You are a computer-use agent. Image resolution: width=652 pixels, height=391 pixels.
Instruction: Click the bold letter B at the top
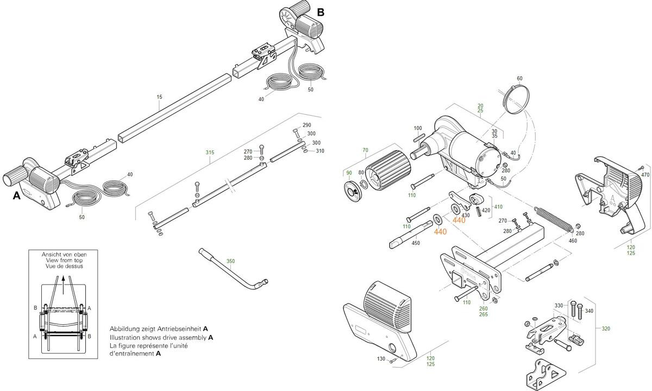pos(321,12)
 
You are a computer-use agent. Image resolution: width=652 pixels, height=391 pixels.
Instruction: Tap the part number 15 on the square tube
pos(159,97)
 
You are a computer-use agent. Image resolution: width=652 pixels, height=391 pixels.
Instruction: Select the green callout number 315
pos(210,153)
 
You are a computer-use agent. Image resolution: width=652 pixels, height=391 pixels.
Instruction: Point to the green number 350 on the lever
pos(230,261)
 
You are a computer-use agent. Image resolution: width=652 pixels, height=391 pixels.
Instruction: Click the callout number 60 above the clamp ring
pos(519,79)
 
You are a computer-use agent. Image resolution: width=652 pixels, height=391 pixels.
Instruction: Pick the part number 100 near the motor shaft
pos(418,129)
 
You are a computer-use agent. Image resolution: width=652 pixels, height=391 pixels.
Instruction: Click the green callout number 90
pos(349,173)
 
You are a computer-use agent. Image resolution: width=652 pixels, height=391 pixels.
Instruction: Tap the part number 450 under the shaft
pos(416,243)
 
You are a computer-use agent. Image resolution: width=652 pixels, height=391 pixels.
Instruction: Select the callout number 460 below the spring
pos(573,240)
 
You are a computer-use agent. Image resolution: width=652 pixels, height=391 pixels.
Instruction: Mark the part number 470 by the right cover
pos(645,175)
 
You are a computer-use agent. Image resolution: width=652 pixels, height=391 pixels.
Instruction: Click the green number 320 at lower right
pos(606,328)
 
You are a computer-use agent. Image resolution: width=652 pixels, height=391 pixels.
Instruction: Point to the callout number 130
pos(381,359)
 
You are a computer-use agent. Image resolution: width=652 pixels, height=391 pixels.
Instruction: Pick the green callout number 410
pos(498,207)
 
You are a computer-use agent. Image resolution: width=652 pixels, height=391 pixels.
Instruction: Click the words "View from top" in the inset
pos(64,261)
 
